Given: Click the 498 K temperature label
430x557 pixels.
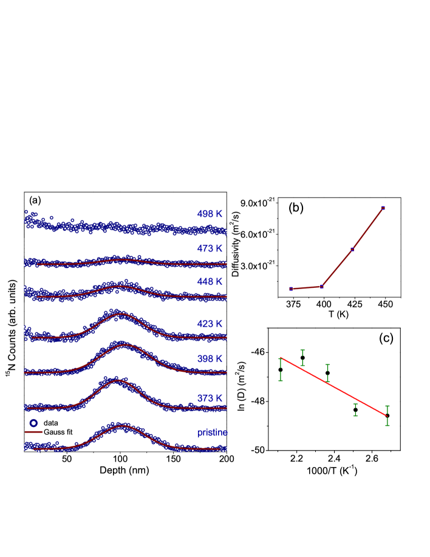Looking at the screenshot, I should (210, 214).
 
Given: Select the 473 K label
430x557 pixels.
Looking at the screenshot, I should (210, 248).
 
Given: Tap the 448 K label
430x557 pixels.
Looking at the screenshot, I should (210, 282).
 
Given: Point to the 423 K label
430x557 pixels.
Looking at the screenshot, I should (210, 324).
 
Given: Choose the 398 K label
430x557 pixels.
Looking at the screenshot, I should (210, 359).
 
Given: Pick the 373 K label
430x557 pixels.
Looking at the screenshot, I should (210, 398).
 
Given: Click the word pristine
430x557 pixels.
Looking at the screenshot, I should (212, 432).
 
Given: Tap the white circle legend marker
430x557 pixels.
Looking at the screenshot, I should (33, 423).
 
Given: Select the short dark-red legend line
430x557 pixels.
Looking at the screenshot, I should (33, 432).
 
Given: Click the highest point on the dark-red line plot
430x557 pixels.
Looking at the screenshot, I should (383, 208).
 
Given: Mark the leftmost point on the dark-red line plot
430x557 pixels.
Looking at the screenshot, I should (291, 289).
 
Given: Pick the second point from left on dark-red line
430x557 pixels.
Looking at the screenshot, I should (322, 286).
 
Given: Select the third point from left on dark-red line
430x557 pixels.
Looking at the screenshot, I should (352, 249).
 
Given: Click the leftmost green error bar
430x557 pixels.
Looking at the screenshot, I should (281, 369).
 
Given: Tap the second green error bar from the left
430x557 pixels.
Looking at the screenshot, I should (302, 357).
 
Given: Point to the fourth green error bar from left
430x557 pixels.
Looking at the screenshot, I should (355, 409).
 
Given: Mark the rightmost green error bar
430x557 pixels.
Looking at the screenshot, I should (387, 415).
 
